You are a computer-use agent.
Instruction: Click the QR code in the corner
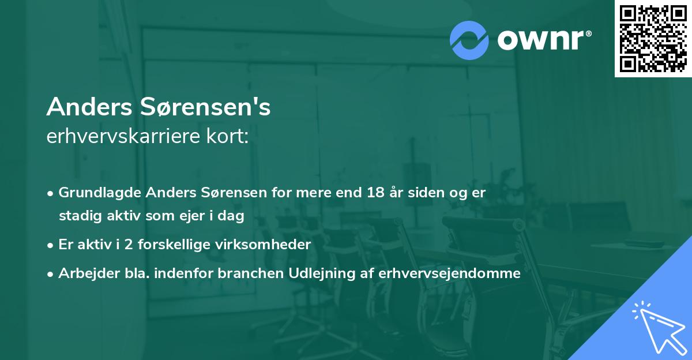[x=653, y=38]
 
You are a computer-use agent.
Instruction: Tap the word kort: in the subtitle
[x=229, y=137]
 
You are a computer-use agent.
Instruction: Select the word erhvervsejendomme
[x=450, y=273]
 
